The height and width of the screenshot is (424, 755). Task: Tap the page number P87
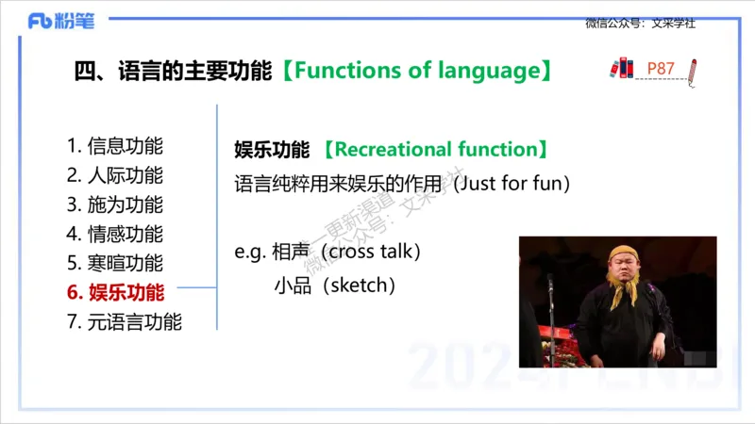pyautogui.click(x=661, y=69)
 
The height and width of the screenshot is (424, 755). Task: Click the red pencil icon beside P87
pyautogui.click(x=693, y=72)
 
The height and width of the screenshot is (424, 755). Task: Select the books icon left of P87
pyautogui.click(x=623, y=68)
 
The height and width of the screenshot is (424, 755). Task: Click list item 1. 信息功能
pyautogui.click(x=115, y=146)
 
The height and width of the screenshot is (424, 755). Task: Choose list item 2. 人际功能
pyautogui.click(x=115, y=175)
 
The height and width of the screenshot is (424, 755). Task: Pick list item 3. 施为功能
pyautogui.click(x=115, y=204)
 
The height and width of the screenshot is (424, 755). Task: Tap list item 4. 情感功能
pyautogui.click(x=115, y=234)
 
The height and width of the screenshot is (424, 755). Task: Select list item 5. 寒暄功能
pyautogui.click(x=115, y=263)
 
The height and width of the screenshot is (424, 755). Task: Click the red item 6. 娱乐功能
pyautogui.click(x=115, y=292)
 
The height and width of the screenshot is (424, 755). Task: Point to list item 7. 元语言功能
pyautogui.click(x=125, y=321)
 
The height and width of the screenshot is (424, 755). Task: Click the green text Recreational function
pyautogui.click(x=435, y=150)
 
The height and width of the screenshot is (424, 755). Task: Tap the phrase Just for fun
pyautogui.click(x=512, y=183)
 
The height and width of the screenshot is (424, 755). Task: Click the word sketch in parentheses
pyautogui.click(x=359, y=285)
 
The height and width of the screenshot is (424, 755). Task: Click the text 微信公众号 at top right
pyautogui.click(x=616, y=23)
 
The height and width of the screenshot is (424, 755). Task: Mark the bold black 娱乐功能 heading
pyautogui.click(x=272, y=150)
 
